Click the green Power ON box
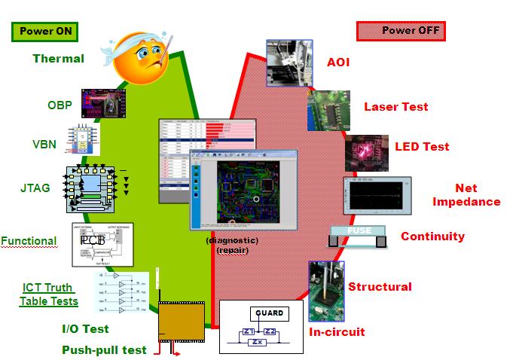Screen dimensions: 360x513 point(46,31)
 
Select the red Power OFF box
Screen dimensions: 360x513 point(401,31)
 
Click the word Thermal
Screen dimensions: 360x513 point(59,58)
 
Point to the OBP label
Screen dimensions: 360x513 point(60,105)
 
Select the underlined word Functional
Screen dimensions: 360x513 point(29,241)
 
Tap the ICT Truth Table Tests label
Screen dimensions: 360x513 point(50,294)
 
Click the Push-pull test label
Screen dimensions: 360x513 point(104,349)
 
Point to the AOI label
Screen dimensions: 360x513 point(339,63)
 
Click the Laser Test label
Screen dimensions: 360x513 point(395,106)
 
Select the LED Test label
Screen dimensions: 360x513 point(422,146)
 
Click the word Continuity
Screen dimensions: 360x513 point(432,236)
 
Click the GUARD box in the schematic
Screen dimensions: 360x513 point(269,313)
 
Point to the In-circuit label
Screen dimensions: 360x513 point(337,331)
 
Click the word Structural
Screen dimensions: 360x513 point(380,286)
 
